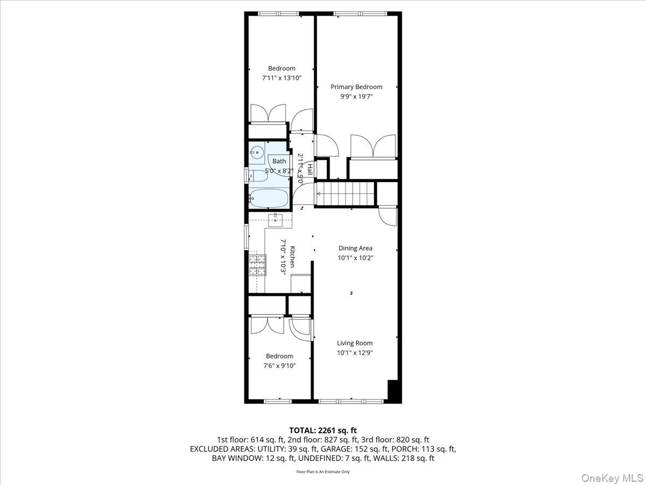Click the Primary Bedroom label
[x=356, y=87]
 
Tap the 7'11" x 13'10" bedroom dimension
[x=282, y=78]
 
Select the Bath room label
[x=279, y=161]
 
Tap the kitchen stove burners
[x=257, y=264]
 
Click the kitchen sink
[x=276, y=219]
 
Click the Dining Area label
[x=355, y=248]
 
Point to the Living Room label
[x=355, y=343]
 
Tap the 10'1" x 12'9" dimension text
[x=355, y=353]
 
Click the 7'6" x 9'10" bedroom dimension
[x=279, y=366]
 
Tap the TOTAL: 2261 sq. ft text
[x=323, y=430]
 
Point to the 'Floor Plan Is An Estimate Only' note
[x=323, y=472]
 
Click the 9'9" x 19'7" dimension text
[x=356, y=96]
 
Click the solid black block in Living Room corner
[x=395, y=391]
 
